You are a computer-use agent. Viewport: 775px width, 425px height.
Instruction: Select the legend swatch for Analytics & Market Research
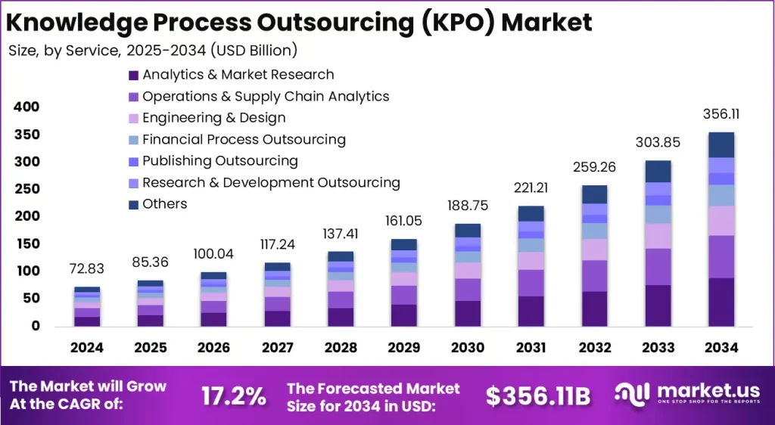coord(134,75)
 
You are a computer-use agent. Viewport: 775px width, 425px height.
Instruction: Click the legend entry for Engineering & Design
coord(213,118)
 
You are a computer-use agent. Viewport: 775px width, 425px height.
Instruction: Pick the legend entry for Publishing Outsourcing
coord(219,161)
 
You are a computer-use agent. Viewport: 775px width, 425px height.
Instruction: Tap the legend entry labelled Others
coord(164,204)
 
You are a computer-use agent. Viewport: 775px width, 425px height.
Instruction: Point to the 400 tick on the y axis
coord(26,107)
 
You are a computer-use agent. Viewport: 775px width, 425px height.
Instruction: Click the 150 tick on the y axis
coord(26,244)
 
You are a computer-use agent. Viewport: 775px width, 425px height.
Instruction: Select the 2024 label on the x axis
coord(87,349)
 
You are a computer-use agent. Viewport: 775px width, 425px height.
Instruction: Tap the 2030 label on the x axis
coord(468,349)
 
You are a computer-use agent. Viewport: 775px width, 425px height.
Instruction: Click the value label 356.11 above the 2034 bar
coord(721,115)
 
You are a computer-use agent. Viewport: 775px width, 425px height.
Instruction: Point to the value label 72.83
coord(87,270)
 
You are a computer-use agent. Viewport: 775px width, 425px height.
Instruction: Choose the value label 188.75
coord(468,206)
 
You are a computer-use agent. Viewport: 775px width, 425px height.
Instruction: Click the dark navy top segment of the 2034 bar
coord(721,144)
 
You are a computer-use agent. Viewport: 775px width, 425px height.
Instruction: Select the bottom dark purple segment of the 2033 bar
coord(658,305)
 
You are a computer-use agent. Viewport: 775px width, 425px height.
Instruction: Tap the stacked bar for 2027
coord(277,294)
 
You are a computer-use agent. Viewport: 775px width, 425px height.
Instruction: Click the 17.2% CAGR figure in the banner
coord(233,396)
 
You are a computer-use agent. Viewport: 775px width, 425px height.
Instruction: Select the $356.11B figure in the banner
coord(538,396)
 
